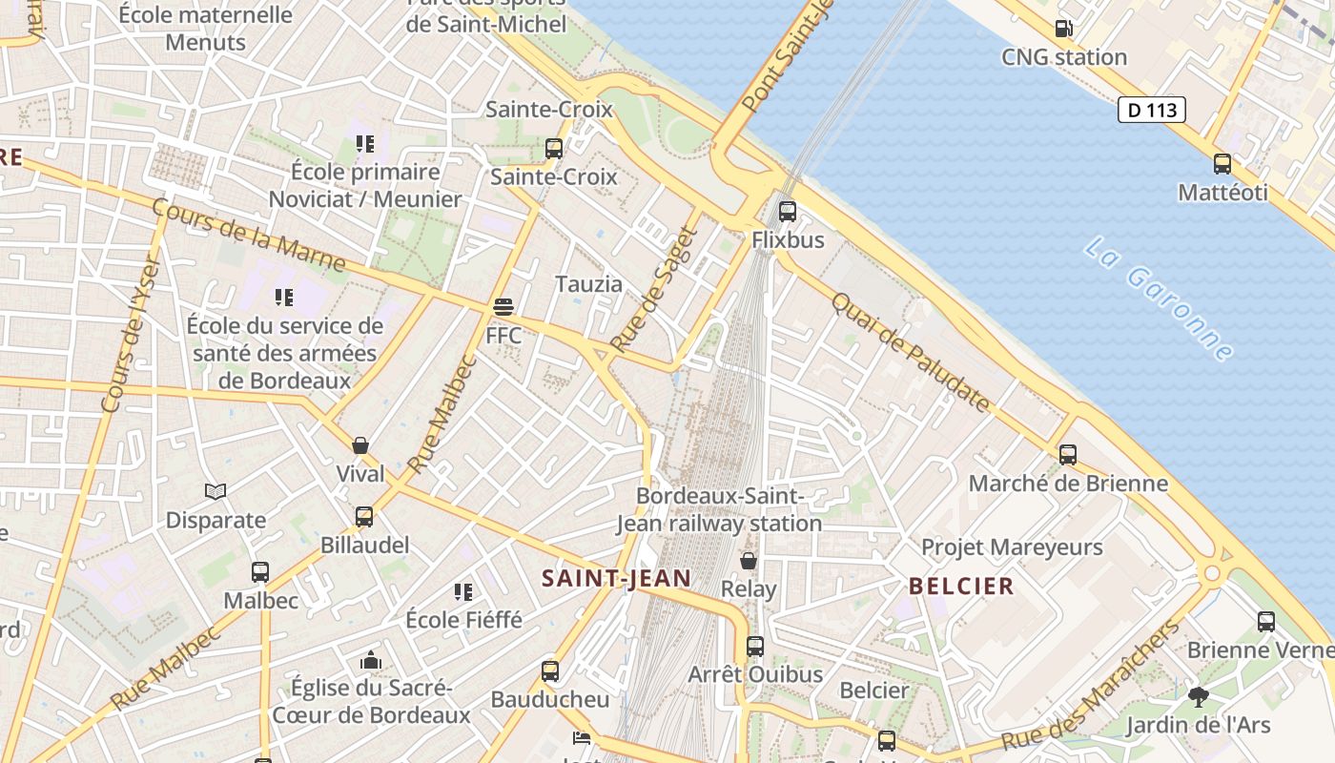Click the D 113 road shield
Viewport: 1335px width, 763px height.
(1151, 110)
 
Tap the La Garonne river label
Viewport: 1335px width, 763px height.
(1158, 299)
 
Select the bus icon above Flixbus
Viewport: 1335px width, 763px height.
(787, 212)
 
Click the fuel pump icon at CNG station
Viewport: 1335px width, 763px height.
(1063, 29)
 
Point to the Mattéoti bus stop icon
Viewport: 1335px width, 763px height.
(1222, 164)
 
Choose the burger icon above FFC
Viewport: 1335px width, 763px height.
(503, 307)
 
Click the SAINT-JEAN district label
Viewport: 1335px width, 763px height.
(616, 578)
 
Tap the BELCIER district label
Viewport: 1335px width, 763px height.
(961, 586)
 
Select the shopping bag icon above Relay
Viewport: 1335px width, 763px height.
(749, 561)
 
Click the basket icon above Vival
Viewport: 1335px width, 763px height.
(360, 445)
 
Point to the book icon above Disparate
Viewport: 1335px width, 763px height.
(216, 491)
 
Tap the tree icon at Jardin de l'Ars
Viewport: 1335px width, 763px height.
(1199, 697)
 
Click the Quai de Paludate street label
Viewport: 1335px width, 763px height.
(910, 352)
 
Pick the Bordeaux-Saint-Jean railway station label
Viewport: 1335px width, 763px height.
(719, 509)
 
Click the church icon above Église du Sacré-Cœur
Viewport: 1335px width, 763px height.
(371, 660)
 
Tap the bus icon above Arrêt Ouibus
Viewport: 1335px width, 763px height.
(755, 647)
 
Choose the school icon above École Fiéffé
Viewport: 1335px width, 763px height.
(463, 592)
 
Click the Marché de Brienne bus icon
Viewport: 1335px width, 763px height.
(1068, 455)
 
